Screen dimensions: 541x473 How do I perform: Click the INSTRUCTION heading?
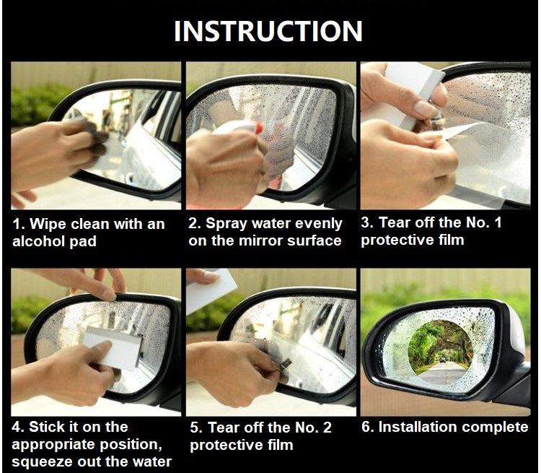(x=268, y=31)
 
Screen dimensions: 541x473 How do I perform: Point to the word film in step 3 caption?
(x=451, y=240)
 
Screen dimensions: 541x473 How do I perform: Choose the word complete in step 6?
(x=493, y=427)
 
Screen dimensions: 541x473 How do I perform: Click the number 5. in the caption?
(x=196, y=428)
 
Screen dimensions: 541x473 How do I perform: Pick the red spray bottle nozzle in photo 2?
(x=259, y=129)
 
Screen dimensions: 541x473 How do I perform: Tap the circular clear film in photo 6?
(x=440, y=352)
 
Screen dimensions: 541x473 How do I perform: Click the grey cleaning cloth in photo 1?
(x=93, y=138)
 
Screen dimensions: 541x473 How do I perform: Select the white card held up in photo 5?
(x=211, y=289)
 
